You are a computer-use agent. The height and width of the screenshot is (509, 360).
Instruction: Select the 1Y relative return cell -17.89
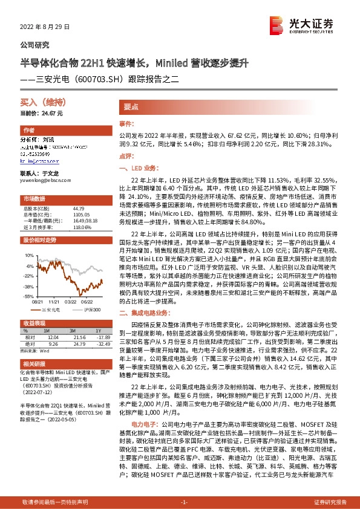(x=96, y=337)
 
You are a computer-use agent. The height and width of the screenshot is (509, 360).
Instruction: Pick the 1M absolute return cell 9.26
(x=53, y=343)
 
